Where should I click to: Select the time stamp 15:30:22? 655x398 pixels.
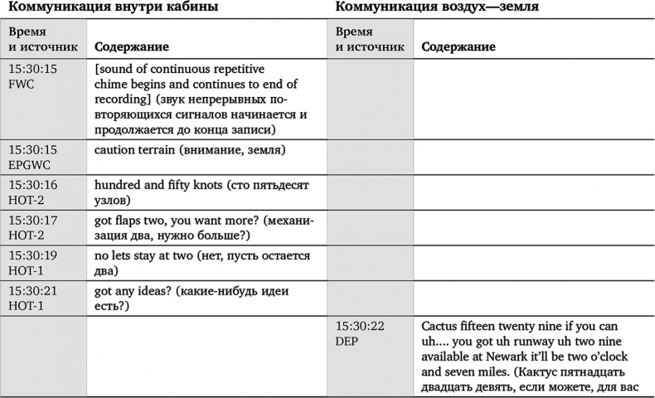tap(360, 326)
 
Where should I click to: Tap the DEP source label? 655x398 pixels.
tap(348, 340)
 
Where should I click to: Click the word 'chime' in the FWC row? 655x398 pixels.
tap(113, 84)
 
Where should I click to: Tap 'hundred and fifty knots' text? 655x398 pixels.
tap(153, 184)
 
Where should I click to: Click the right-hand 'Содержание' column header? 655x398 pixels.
tap(458, 47)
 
